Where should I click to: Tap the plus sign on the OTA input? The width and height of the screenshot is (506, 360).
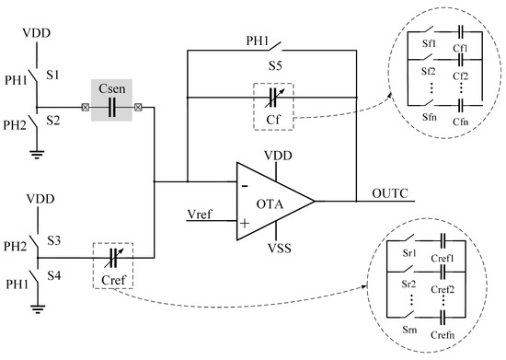pyautogui.click(x=246, y=221)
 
